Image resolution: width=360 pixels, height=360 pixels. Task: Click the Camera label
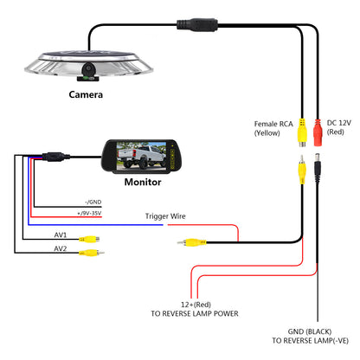[86, 94]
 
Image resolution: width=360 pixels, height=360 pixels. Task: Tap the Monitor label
[143, 182]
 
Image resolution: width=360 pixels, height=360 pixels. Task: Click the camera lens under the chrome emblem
[88, 68]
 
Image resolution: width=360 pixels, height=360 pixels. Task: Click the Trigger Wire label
[165, 216]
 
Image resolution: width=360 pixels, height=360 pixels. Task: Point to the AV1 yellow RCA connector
[90, 239]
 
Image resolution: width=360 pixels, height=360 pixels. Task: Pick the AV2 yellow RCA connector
[92, 253]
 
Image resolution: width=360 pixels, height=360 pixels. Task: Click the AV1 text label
[61, 235]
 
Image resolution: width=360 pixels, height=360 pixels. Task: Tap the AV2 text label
[61, 248]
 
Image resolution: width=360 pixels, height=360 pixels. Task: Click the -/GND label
[93, 202]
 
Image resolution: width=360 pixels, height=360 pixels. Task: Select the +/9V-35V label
[89, 213]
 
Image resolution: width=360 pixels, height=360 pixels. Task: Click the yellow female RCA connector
[302, 132]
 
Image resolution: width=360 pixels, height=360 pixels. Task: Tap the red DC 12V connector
[318, 132]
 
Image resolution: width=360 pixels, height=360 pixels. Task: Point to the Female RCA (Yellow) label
[273, 128]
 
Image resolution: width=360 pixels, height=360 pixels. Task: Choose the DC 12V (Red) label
[339, 127]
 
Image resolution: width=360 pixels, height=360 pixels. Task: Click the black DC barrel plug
[318, 168]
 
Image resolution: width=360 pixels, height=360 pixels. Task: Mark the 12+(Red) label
[196, 305]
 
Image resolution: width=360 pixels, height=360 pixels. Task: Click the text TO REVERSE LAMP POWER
[195, 313]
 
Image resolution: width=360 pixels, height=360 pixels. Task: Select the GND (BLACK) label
[310, 331]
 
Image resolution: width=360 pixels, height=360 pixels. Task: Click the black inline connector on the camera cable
[197, 25]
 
